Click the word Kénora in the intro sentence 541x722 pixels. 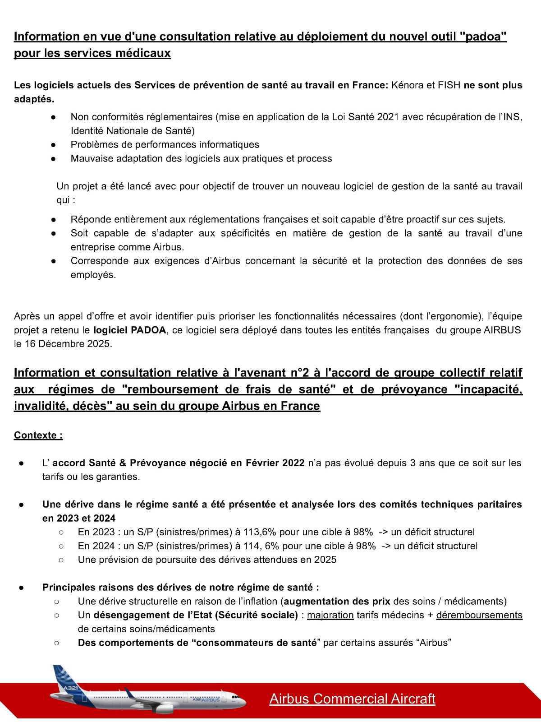(407, 85)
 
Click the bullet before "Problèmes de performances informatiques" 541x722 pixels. (53, 145)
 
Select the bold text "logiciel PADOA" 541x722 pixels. (129, 330)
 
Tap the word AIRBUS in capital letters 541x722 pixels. (502, 330)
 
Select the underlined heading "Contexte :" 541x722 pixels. (38, 435)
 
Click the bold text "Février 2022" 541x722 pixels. (275, 463)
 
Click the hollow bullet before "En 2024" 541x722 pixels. (61, 546)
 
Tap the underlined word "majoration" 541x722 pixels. (330, 615)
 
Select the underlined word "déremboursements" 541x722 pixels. (479, 615)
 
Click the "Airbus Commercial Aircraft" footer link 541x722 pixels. (352, 699)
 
